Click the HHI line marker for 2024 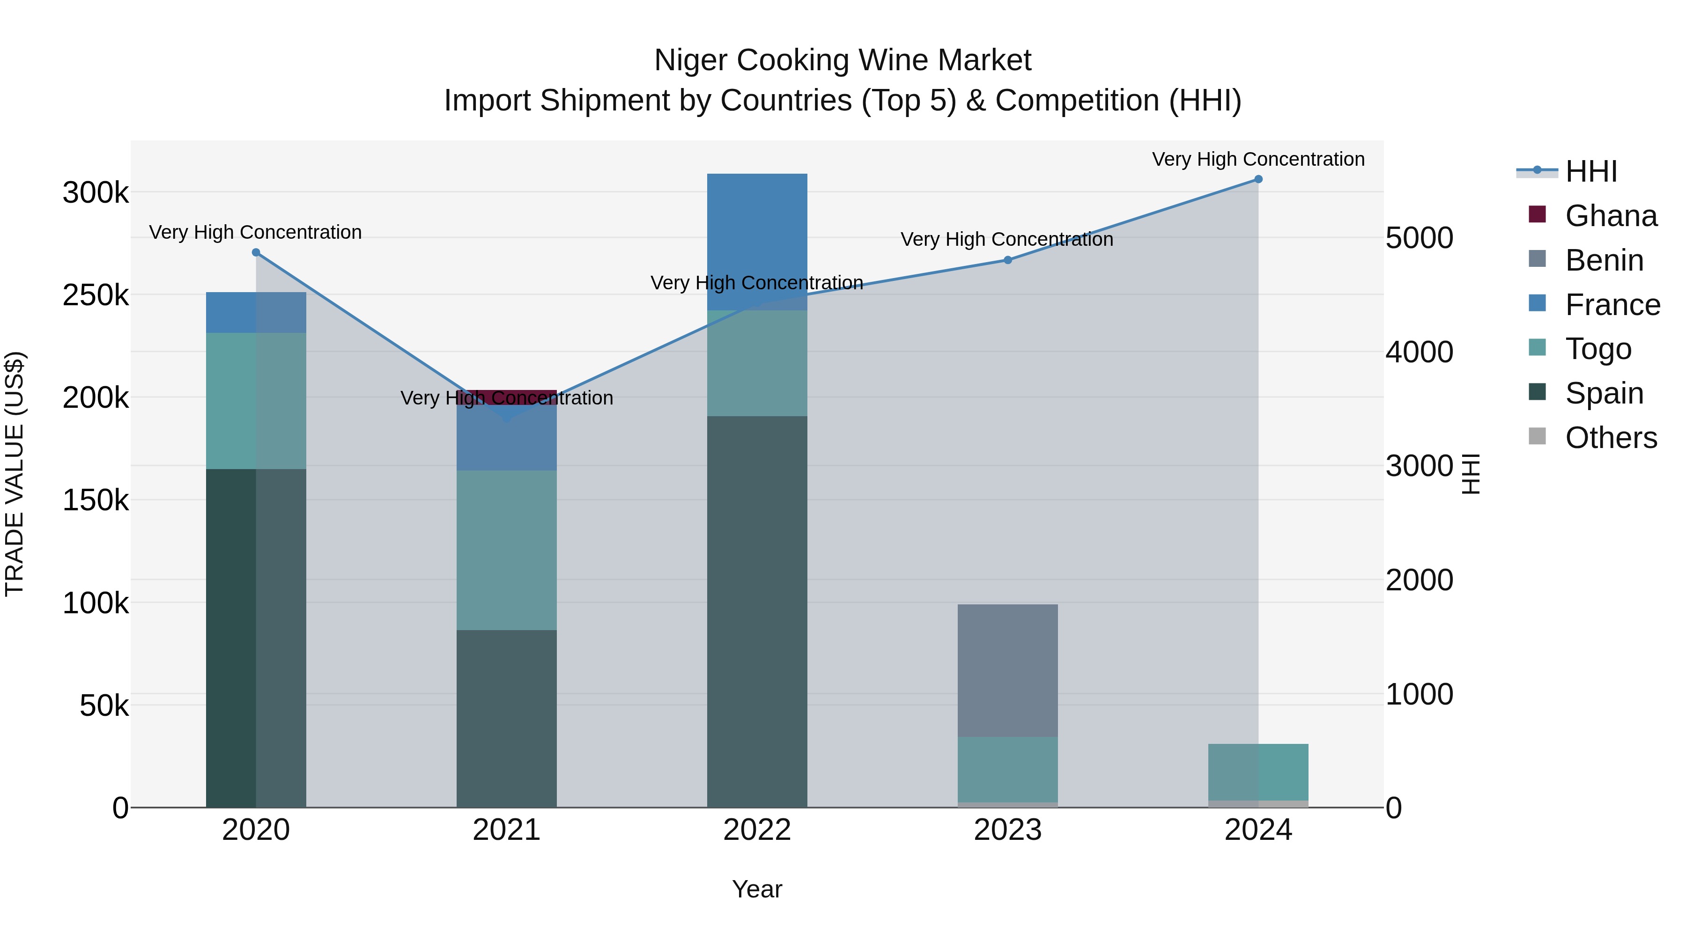point(1258,179)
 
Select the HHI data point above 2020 point(256,252)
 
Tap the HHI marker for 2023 point(1008,260)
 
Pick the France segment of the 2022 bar point(757,242)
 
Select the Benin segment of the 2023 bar point(1008,670)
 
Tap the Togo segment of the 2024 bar point(1258,772)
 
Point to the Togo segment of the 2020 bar point(256,400)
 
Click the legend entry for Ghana point(1610,216)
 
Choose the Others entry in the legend point(1610,438)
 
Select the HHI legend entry point(1590,171)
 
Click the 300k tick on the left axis point(96,193)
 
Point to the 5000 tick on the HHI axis point(1419,238)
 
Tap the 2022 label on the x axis point(757,830)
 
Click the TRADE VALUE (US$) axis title point(15,474)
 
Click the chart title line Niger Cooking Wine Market point(843,60)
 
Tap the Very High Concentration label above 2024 point(1258,159)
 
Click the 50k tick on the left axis point(104,706)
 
